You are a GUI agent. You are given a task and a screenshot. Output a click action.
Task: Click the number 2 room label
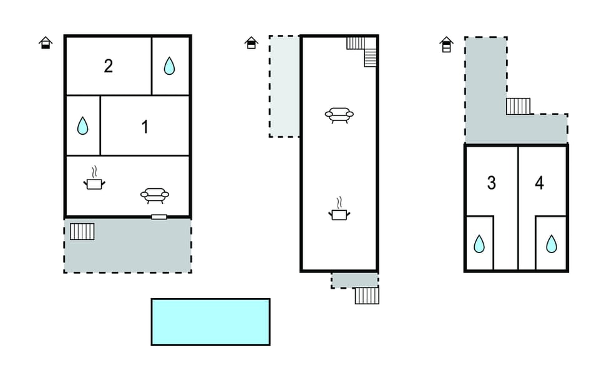pyautogui.click(x=109, y=66)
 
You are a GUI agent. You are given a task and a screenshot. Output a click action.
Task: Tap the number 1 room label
pyautogui.click(x=145, y=127)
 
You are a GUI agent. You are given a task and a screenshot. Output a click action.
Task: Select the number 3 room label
pyautogui.click(x=492, y=183)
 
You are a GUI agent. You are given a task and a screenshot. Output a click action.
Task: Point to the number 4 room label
pyautogui.click(x=539, y=183)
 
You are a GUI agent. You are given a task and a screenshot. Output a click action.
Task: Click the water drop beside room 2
pyautogui.click(x=169, y=65)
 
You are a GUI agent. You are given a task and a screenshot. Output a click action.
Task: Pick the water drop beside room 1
pyautogui.click(x=82, y=125)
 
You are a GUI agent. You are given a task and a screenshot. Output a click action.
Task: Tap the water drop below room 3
pyautogui.click(x=479, y=244)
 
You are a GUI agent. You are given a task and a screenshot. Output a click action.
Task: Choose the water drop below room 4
pyautogui.click(x=551, y=244)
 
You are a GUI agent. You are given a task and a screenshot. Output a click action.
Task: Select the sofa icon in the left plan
pyautogui.click(x=155, y=195)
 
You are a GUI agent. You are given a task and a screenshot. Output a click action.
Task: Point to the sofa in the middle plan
pyautogui.click(x=339, y=115)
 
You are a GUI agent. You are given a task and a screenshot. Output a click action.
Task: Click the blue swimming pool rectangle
pyautogui.click(x=210, y=322)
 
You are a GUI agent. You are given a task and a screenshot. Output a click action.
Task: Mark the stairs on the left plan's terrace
pyautogui.click(x=82, y=232)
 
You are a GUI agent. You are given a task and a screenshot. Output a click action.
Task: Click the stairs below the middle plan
pyautogui.click(x=367, y=296)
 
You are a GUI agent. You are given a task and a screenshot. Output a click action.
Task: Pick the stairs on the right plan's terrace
pyautogui.click(x=519, y=107)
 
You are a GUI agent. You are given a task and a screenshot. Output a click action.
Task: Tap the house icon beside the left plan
pyautogui.click(x=46, y=43)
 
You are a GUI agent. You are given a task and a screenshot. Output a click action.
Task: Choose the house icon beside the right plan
pyautogui.click(x=446, y=44)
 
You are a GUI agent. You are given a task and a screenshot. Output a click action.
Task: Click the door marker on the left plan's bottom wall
pyautogui.click(x=159, y=217)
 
